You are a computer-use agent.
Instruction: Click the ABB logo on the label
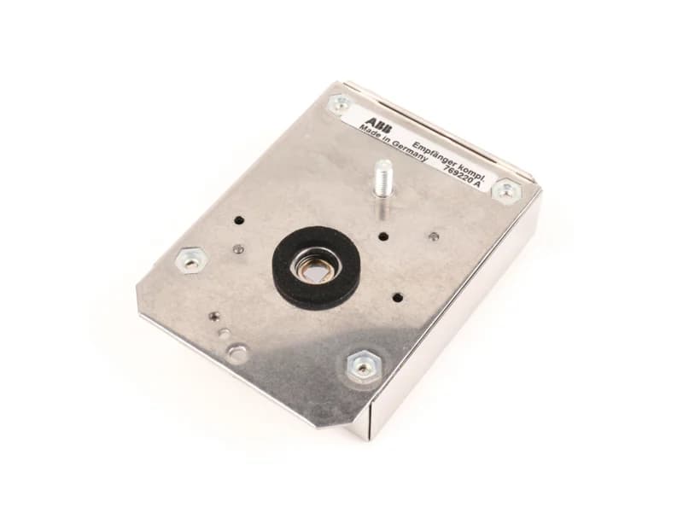(x=378, y=123)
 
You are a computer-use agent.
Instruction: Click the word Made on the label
(x=369, y=131)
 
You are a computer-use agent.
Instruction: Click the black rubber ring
(x=316, y=265)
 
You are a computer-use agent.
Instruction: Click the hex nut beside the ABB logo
(x=340, y=104)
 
